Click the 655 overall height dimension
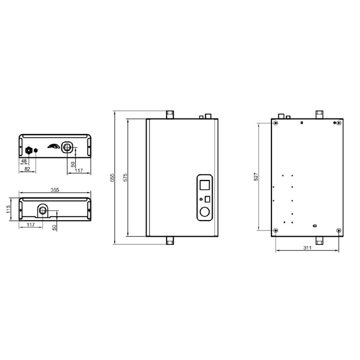(112, 178)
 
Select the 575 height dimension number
(125, 178)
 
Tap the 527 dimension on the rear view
(256, 176)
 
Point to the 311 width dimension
(307, 248)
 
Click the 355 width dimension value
(55, 190)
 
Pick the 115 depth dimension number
(8, 209)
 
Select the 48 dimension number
(24, 161)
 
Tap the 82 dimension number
(27, 169)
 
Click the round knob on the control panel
(205, 212)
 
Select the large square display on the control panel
(205, 185)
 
